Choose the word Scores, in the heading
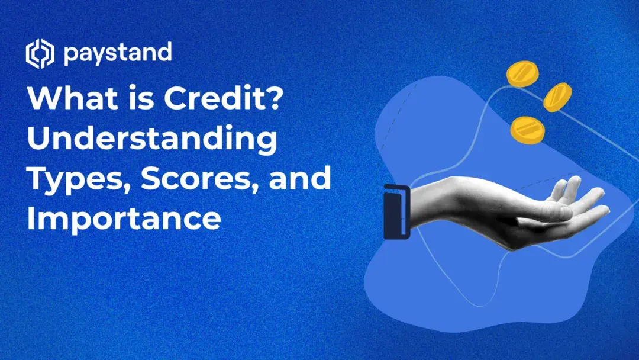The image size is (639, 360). pos(198,179)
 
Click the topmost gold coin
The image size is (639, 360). pos(522,73)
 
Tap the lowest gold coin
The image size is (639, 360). pos(527,128)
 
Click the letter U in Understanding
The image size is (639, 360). pos(39,140)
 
